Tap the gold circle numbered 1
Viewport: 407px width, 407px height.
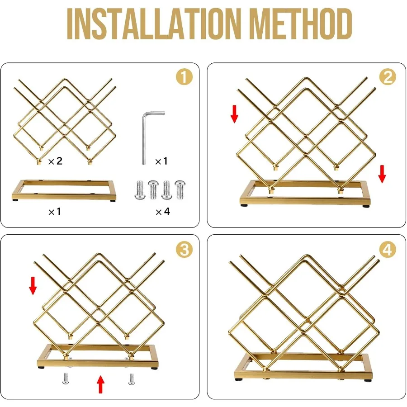pos(185,77)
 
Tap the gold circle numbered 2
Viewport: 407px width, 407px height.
pos(388,77)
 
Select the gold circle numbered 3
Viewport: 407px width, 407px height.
pos(185,250)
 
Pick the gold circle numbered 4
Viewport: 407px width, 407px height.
pos(388,250)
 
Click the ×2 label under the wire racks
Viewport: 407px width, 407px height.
pos(55,161)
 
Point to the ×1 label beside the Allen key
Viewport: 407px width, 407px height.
pos(161,161)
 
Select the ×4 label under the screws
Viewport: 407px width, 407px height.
pos(163,212)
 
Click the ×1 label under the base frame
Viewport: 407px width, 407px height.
pos(55,212)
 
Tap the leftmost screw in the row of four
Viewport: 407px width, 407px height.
pos(140,190)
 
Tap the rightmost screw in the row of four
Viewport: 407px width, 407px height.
pos(180,190)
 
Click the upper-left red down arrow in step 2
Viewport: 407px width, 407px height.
pos(234,114)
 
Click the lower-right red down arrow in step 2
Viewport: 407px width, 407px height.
pos(382,174)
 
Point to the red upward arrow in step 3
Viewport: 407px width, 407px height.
pos(100,385)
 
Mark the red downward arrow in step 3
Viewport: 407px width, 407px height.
pos(33,286)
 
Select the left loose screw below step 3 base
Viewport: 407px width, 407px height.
pos(66,379)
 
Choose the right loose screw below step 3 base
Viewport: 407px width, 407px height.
pos(131,379)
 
